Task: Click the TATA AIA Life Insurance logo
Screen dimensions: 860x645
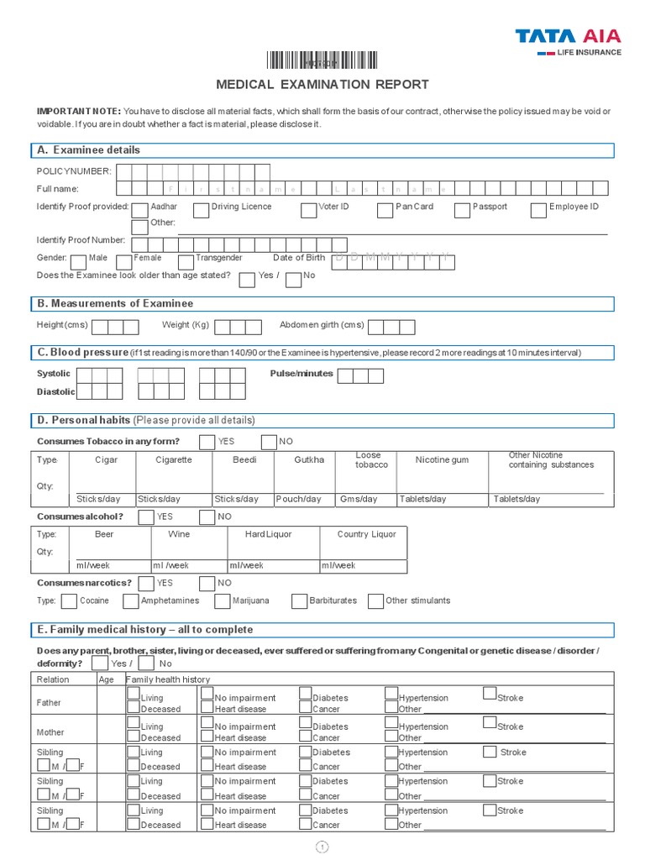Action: click(568, 41)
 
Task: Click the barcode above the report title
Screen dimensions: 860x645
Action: click(322, 60)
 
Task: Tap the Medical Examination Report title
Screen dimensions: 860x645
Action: click(322, 84)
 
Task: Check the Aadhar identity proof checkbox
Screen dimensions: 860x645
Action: click(139, 210)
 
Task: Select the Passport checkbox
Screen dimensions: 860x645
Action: click(461, 210)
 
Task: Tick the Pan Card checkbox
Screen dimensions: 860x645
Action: click(385, 210)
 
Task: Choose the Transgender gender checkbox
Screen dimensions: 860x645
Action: click(185, 262)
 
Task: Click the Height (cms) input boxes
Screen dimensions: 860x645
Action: click(115, 327)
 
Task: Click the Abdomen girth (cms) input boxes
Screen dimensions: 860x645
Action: click(391, 327)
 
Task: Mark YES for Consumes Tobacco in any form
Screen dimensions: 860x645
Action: click(207, 442)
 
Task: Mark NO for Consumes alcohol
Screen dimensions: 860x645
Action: click(207, 517)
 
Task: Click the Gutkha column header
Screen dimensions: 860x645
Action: click(309, 460)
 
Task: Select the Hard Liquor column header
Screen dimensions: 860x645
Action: click(269, 534)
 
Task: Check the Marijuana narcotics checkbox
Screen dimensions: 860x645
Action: click(222, 601)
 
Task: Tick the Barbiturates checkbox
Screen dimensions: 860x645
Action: click(299, 601)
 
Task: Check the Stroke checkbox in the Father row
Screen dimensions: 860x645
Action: click(490, 693)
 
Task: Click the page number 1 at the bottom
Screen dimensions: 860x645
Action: click(322, 847)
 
